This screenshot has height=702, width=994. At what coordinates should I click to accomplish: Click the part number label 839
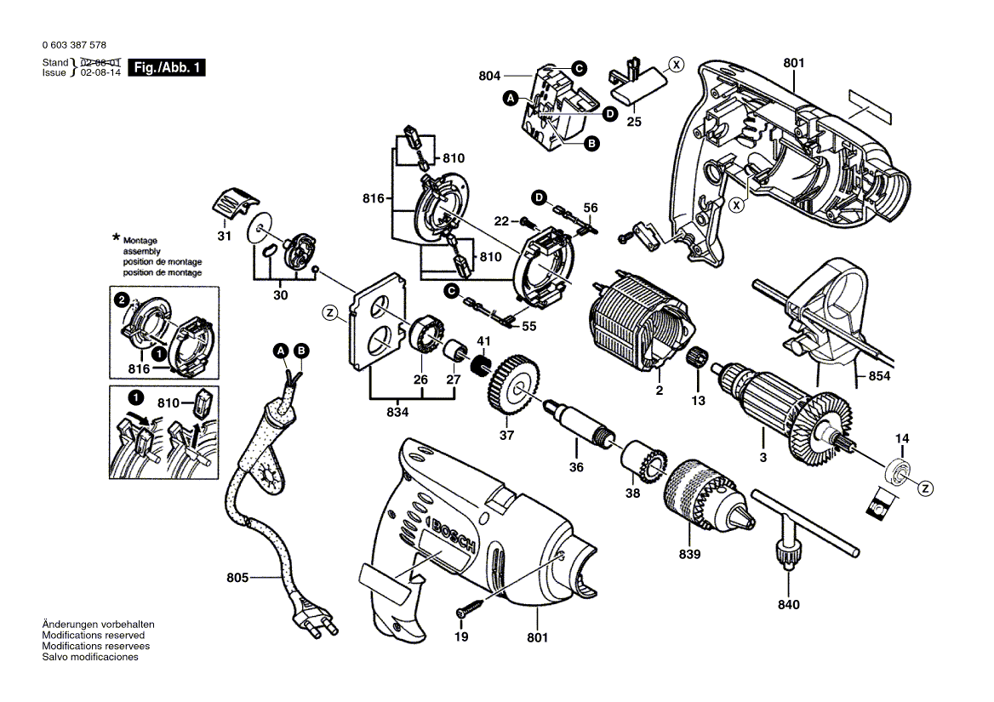click(x=689, y=554)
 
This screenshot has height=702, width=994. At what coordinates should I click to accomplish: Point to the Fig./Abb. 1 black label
click(x=166, y=68)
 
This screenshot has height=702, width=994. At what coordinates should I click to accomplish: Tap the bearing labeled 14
click(x=899, y=469)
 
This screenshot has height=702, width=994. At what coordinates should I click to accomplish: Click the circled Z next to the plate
click(x=329, y=312)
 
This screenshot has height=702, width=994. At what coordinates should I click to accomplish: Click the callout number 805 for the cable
click(x=237, y=578)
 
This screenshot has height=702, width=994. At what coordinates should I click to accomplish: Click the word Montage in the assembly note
click(x=140, y=242)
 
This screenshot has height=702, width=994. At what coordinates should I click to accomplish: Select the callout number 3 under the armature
click(x=763, y=458)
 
